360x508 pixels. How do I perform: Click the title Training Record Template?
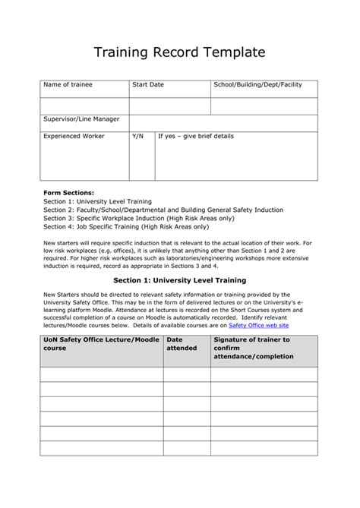point(179,52)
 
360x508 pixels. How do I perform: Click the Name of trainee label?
point(67,85)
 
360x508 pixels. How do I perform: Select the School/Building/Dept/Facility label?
point(258,85)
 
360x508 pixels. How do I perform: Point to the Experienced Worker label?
point(74,137)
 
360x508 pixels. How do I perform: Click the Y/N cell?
point(137,137)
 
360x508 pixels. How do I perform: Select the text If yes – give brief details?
point(195,137)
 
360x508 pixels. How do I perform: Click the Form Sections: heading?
point(69,193)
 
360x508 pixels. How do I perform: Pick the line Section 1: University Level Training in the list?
point(97,201)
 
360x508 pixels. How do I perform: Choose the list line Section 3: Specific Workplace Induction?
point(133,218)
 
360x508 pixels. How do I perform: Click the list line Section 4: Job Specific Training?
point(125,226)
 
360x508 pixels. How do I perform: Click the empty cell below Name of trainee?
point(84,106)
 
